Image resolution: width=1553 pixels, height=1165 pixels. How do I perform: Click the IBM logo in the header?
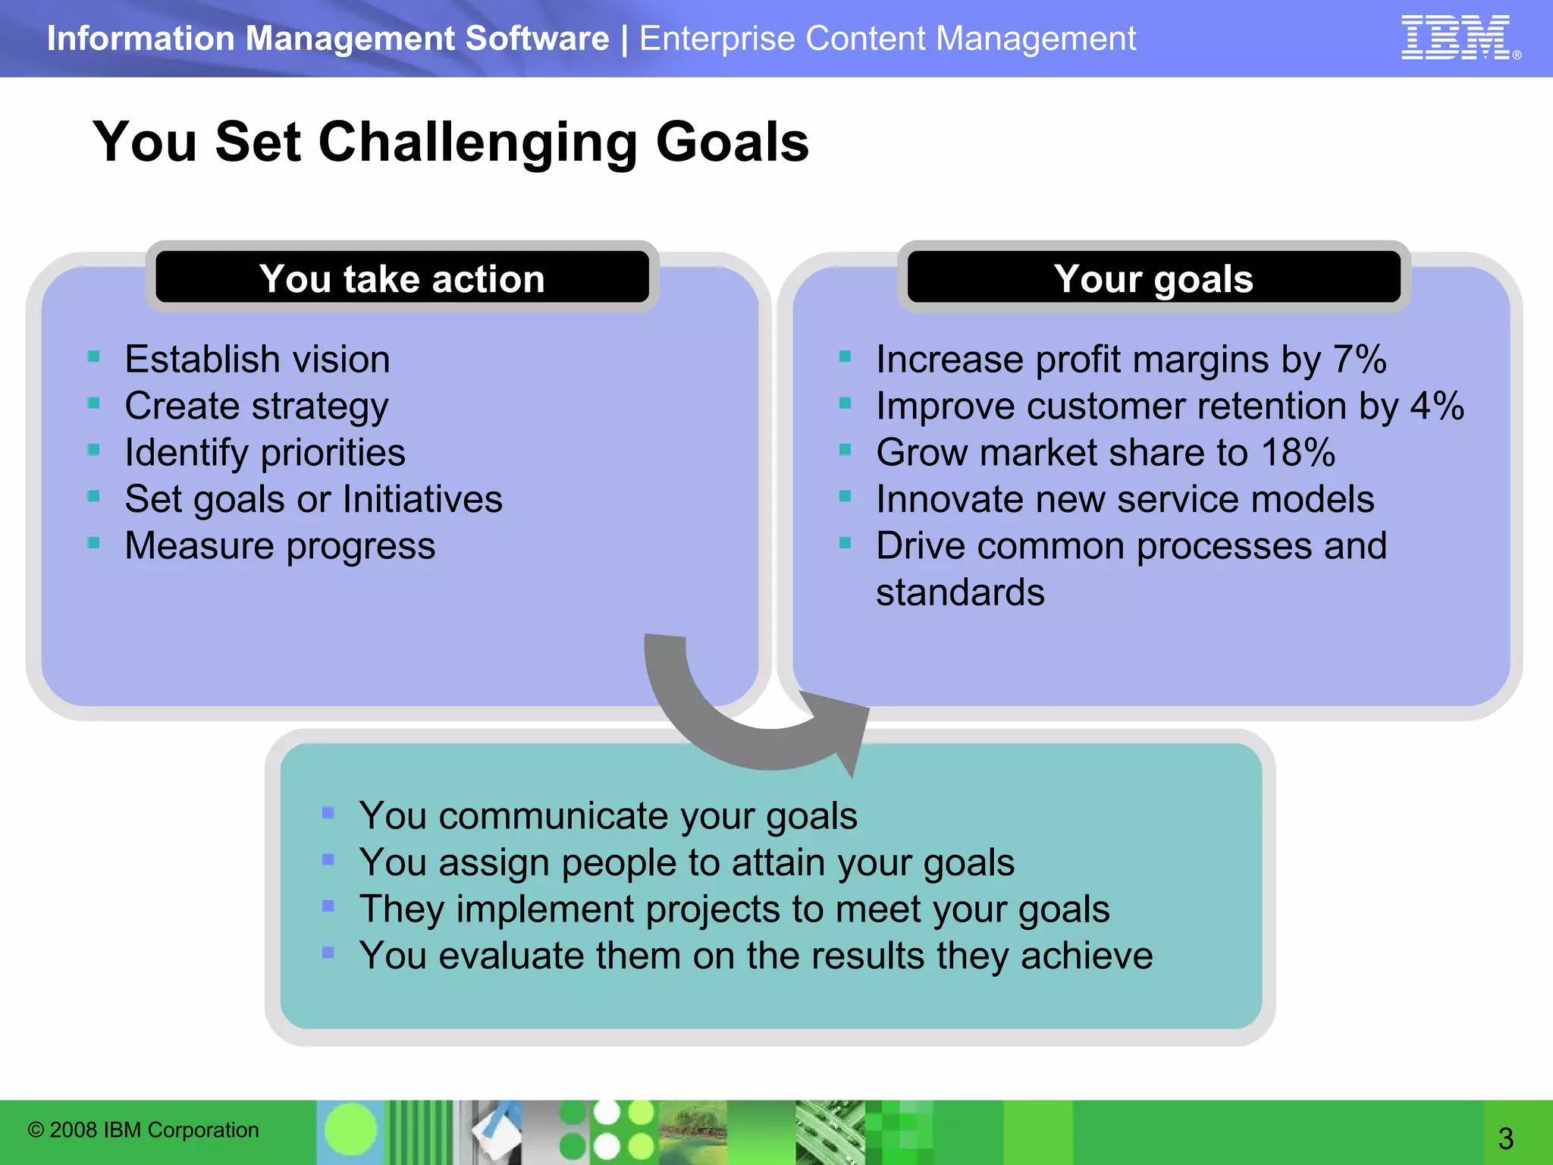tap(1456, 37)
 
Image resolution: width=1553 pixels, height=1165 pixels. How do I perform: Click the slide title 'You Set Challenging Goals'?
tap(450, 142)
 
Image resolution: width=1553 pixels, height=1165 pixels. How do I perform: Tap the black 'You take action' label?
tap(402, 278)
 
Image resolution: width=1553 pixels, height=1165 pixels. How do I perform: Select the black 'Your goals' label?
tap(1153, 278)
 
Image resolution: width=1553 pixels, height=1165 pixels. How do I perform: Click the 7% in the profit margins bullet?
tap(1359, 360)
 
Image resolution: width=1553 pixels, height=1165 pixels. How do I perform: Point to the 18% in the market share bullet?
tap(1297, 453)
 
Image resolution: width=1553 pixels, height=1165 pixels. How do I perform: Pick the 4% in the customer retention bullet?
tap(1436, 406)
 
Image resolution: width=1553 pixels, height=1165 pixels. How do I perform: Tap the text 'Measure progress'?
tap(280, 546)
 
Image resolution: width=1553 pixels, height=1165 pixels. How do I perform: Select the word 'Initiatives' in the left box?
tap(422, 500)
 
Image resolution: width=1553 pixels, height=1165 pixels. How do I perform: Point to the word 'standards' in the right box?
tap(960, 592)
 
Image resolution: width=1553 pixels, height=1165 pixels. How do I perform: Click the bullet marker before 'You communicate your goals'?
tap(328, 813)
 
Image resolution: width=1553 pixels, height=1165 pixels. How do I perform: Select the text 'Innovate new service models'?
tap(1125, 500)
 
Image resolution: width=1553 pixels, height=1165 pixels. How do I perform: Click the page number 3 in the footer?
tap(1505, 1138)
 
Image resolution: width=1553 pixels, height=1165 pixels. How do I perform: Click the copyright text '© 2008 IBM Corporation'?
tap(143, 1130)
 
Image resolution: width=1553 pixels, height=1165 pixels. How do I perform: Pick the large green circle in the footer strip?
tap(350, 1129)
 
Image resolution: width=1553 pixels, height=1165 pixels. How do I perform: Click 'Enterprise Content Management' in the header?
tap(887, 39)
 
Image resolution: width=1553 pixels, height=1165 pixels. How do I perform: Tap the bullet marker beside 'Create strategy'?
tap(94, 403)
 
